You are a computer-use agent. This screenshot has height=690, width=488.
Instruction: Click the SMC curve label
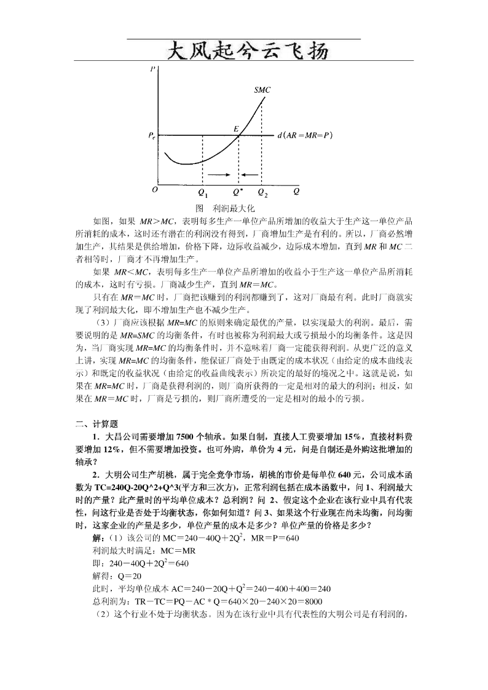tap(262, 90)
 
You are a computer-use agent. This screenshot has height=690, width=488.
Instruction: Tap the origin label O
tap(155, 190)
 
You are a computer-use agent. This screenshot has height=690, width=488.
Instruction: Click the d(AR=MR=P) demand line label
tap(305, 135)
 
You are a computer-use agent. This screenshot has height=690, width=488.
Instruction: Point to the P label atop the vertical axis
tap(152, 69)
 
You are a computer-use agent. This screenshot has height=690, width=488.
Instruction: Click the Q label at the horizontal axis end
tap(296, 191)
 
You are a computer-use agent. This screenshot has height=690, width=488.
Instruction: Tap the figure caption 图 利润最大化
tap(224, 208)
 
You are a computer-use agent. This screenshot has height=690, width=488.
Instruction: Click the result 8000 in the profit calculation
tap(312, 601)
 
